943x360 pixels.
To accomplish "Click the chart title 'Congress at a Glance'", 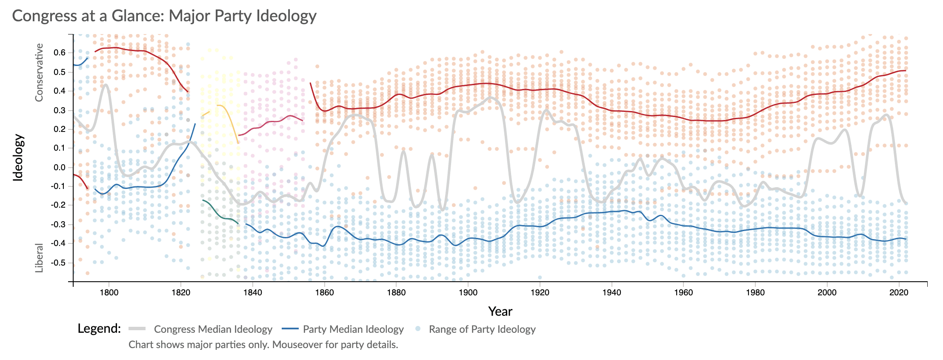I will click(x=164, y=16).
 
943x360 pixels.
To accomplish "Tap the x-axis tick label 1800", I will click(x=109, y=292).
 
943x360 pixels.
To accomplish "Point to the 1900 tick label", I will click(x=468, y=292).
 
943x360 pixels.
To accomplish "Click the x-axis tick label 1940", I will click(x=612, y=292).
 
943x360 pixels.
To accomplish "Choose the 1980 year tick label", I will click(x=755, y=292).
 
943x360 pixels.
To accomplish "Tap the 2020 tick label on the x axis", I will click(x=899, y=292).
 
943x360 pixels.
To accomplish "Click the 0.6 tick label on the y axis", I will click(x=59, y=53).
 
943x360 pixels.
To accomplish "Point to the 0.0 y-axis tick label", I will click(x=59, y=167).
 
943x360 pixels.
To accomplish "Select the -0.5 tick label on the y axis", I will click(x=58, y=263).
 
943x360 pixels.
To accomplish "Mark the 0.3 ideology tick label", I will click(x=59, y=110).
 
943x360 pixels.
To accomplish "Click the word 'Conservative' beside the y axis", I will click(x=39, y=72).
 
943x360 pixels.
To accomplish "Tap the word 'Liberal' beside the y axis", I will click(x=39, y=258).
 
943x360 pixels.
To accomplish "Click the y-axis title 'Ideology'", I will click(x=18, y=158).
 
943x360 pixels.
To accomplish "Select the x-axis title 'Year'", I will click(x=500, y=311).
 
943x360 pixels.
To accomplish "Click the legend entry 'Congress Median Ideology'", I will click(x=213, y=329).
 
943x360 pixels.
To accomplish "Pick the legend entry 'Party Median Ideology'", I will click(x=353, y=329).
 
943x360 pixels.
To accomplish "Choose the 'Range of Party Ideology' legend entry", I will click(x=482, y=329).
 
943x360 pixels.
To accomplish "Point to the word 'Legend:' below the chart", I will click(x=99, y=329).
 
